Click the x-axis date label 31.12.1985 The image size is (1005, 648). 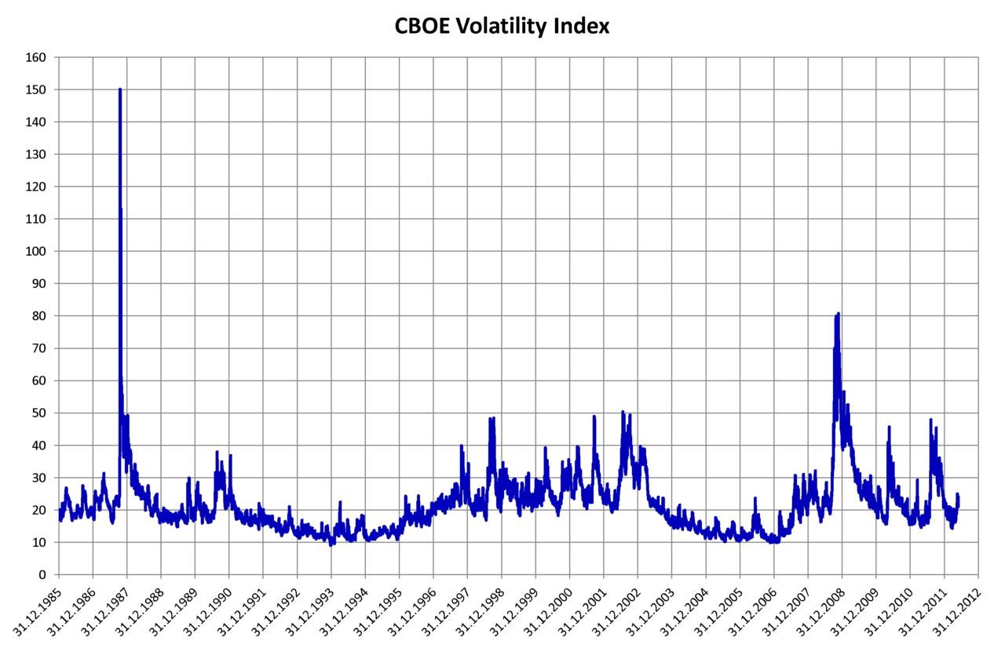click(x=38, y=612)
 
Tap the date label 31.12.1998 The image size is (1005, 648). click(x=480, y=612)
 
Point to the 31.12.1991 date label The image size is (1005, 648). click(x=242, y=612)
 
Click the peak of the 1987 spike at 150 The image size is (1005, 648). click(x=119, y=89)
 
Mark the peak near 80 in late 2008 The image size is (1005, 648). click(x=839, y=314)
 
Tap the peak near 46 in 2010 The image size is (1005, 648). click(x=889, y=427)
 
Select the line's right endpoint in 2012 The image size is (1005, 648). click(x=958, y=497)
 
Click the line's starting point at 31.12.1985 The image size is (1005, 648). click(x=60, y=518)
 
